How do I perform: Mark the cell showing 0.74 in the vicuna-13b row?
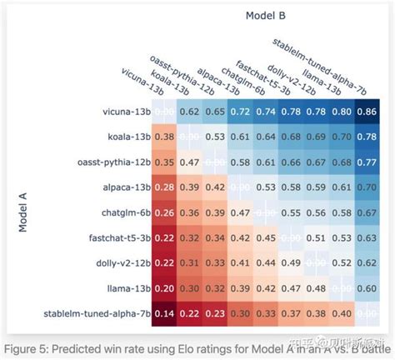click(x=265, y=110)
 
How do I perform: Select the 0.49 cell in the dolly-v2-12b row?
click(x=289, y=263)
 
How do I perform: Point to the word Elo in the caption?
click(x=193, y=346)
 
